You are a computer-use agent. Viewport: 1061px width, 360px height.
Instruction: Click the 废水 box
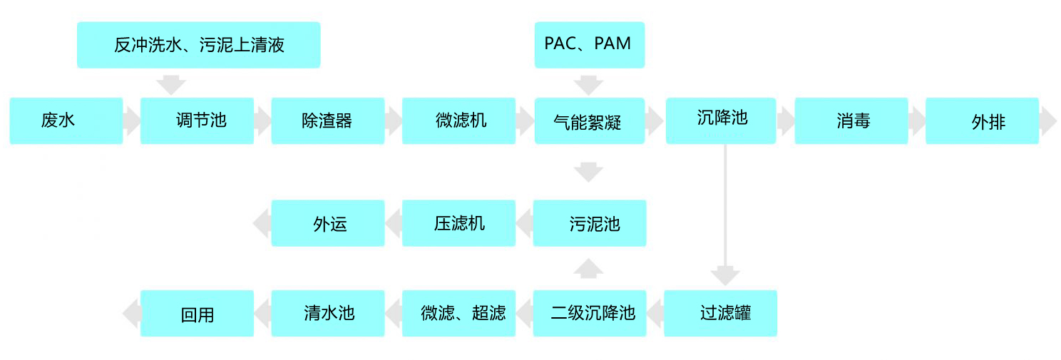66,120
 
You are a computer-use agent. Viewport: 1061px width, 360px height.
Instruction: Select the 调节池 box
198,120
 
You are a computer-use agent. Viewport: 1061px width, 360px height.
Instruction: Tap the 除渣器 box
328,120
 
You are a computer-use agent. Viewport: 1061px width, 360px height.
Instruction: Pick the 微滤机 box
459,120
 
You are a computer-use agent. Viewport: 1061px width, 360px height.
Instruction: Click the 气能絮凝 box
590,120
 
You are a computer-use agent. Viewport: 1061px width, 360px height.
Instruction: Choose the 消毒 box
851,120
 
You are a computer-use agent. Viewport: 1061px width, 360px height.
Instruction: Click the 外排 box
982,120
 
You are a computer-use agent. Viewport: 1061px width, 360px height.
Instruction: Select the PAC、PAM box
590,45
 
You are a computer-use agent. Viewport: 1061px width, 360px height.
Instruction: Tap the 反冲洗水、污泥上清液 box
198,45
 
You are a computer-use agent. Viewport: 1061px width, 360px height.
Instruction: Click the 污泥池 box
590,223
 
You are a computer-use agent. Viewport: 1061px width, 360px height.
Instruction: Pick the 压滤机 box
459,223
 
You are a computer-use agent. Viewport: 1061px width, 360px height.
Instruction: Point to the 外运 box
328,223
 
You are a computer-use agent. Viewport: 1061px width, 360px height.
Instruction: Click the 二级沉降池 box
590,313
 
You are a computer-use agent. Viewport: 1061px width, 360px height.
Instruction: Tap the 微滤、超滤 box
459,313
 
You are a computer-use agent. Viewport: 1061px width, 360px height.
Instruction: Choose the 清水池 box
328,313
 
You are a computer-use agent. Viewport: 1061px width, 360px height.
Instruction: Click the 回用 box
198,313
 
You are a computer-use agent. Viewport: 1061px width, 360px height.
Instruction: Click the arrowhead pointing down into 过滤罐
725,276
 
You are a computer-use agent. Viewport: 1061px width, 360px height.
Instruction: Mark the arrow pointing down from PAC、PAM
589,84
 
